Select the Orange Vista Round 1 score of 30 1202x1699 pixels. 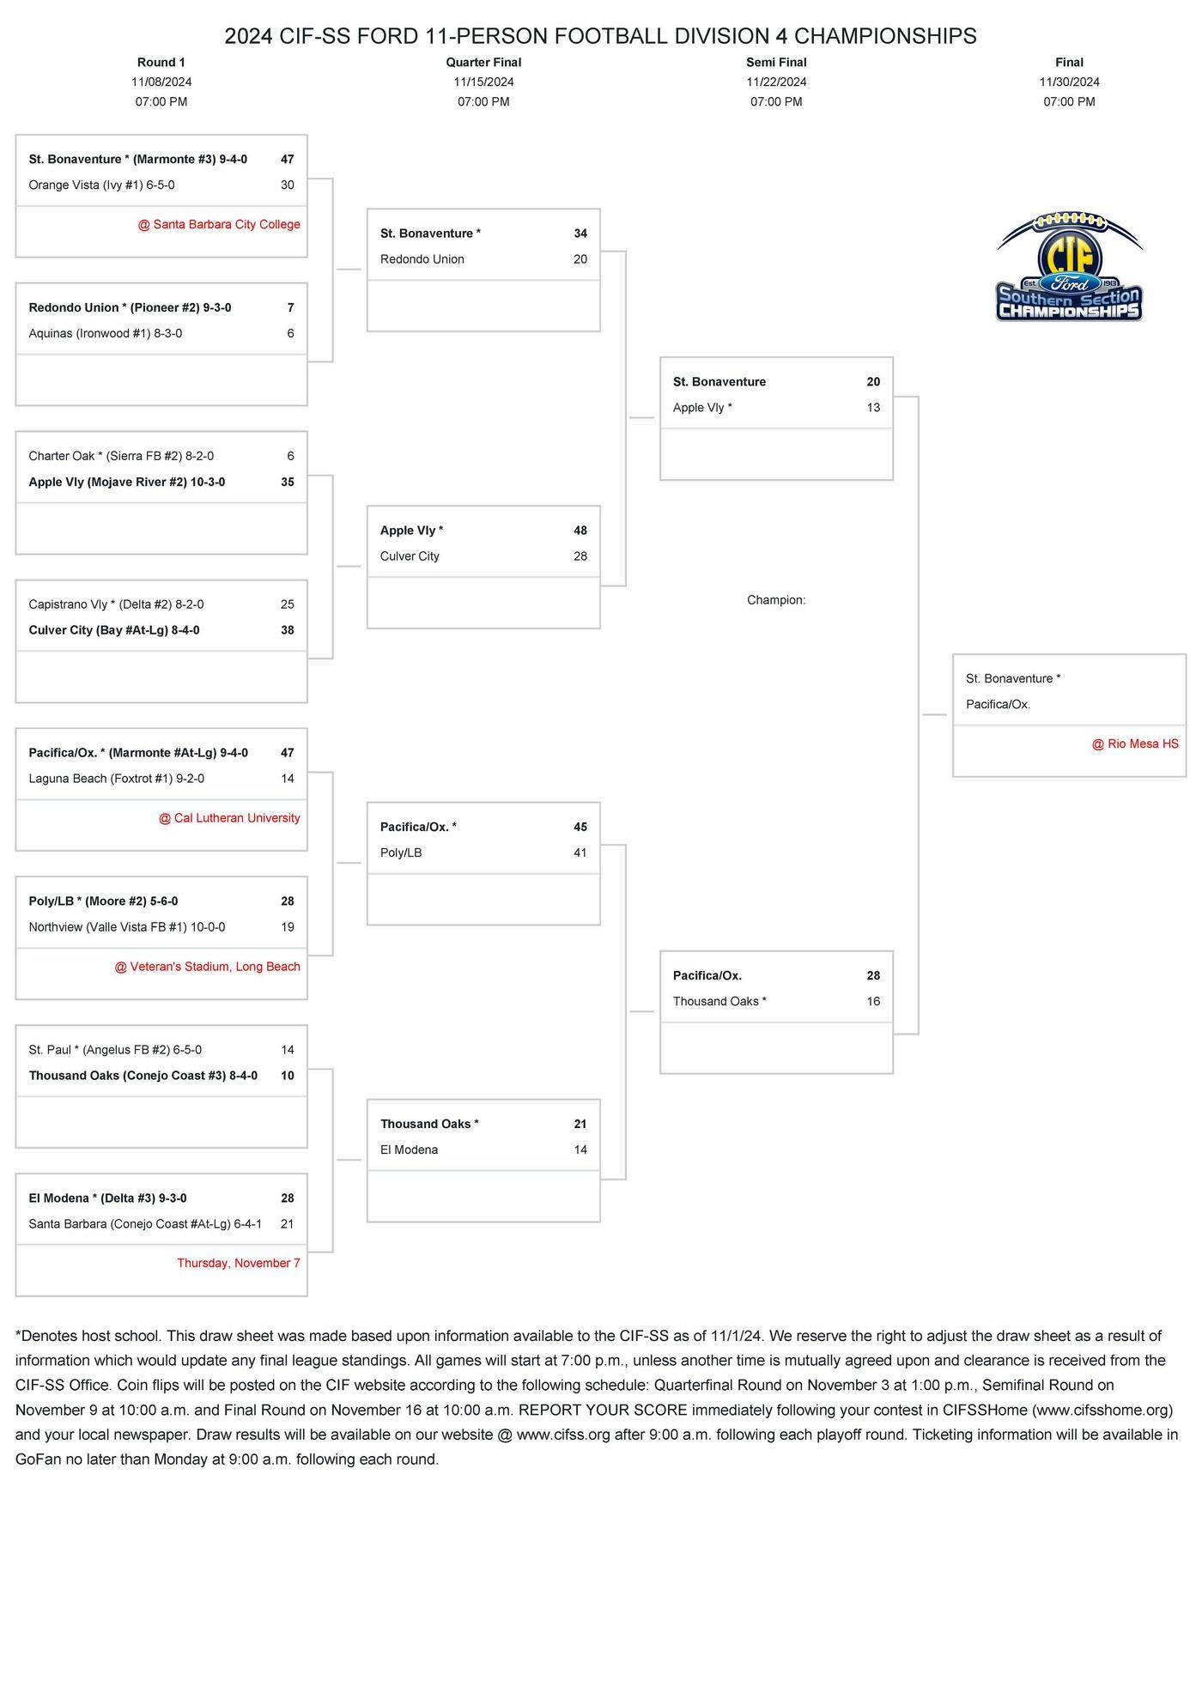tap(287, 185)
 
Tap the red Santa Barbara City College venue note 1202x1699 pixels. tap(219, 225)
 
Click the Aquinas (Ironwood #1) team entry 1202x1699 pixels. tap(106, 334)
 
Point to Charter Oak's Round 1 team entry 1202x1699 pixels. tap(121, 457)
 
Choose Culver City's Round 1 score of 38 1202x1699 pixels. tap(287, 631)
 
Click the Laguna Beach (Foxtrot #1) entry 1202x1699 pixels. tap(116, 780)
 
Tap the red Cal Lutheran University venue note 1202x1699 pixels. tap(229, 819)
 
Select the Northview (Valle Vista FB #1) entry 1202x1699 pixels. tap(127, 928)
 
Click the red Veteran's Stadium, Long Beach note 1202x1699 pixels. tap(208, 968)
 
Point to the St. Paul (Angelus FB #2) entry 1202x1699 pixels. tap(115, 1051)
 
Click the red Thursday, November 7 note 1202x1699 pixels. tap(239, 1264)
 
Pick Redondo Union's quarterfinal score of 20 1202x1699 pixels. tap(580, 260)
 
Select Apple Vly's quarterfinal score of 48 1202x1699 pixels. tap(580, 531)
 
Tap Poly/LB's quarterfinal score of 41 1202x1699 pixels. tap(580, 853)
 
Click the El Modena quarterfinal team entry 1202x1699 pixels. tap(409, 1150)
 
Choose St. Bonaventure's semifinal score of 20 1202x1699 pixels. tap(873, 383)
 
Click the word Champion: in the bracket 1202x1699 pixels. tap(776, 601)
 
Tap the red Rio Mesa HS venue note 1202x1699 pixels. tap(1135, 744)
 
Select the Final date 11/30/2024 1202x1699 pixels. tap(1069, 82)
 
